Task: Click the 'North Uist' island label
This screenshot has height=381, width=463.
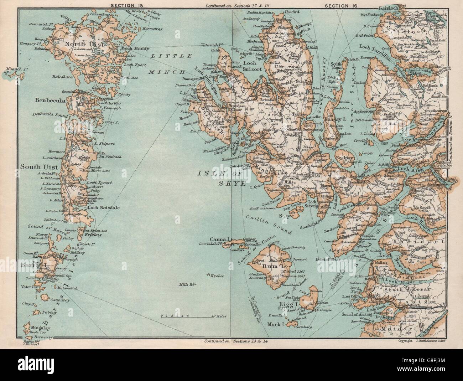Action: pyautogui.click(x=78, y=44)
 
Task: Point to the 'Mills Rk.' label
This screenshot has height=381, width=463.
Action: pyautogui.click(x=189, y=284)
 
